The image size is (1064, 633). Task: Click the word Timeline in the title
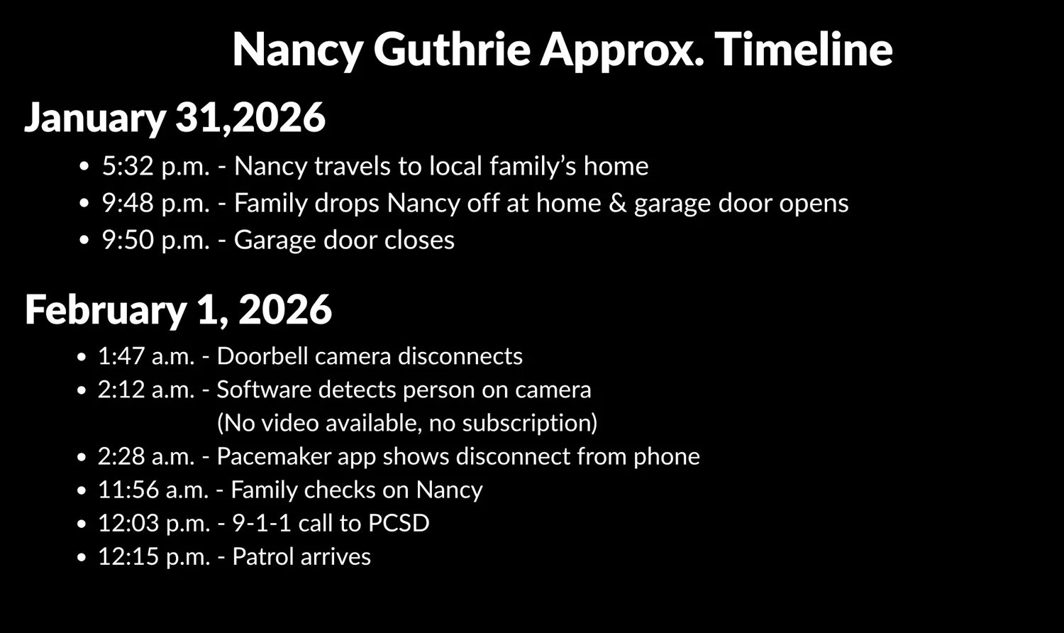pyautogui.click(x=803, y=50)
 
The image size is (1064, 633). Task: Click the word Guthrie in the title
pyautogui.click(x=451, y=50)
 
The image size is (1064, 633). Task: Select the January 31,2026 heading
pyautogui.click(x=175, y=118)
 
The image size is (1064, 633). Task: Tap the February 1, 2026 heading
pyautogui.click(x=178, y=310)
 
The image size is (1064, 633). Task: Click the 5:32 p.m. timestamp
pyautogui.click(x=155, y=167)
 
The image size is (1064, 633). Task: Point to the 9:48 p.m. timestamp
pyautogui.click(x=155, y=204)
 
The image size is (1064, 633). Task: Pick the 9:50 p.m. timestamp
pyautogui.click(x=155, y=241)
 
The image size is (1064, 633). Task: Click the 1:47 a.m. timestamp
pyautogui.click(x=145, y=356)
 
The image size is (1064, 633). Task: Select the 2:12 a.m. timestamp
pyautogui.click(x=145, y=390)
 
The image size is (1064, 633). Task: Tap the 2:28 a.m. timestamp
pyautogui.click(x=145, y=456)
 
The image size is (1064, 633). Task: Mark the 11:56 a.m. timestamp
pyautogui.click(x=153, y=490)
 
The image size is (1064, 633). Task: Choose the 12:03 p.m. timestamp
pyautogui.click(x=153, y=524)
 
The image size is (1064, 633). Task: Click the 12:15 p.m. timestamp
pyautogui.click(x=153, y=557)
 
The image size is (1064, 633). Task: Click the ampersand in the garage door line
pyautogui.click(x=618, y=204)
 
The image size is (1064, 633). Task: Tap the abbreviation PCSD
pyautogui.click(x=399, y=524)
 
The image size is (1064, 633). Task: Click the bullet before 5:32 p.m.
pyautogui.click(x=85, y=167)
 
